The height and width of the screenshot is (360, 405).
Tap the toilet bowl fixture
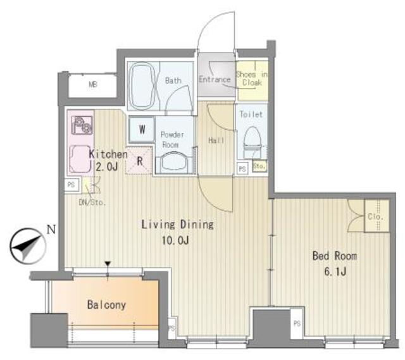click(252, 142)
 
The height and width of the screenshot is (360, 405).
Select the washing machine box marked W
click(142, 129)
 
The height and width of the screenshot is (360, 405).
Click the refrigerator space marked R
click(139, 161)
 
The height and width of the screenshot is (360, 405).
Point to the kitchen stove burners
click(82, 125)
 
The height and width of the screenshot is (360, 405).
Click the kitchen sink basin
click(80, 159)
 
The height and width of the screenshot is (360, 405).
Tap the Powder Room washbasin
click(175, 163)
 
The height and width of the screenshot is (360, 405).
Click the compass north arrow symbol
click(27, 246)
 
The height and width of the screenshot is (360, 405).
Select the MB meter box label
click(93, 84)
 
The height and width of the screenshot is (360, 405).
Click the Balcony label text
click(106, 305)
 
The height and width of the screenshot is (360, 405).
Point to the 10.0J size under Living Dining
click(175, 240)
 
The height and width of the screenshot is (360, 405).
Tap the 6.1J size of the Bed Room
click(335, 272)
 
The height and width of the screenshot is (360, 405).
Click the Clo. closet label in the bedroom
click(375, 216)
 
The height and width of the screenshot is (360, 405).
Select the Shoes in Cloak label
click(252, 78)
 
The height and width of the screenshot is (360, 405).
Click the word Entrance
click(215, 79)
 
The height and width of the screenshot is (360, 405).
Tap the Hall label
click(216, 140)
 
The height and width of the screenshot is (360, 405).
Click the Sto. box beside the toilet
click(259, 166)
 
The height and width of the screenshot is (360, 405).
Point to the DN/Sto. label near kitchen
click(92, 202)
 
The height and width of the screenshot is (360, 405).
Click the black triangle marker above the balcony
click(108, 264)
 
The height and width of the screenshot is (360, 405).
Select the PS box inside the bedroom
click(297, 323)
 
